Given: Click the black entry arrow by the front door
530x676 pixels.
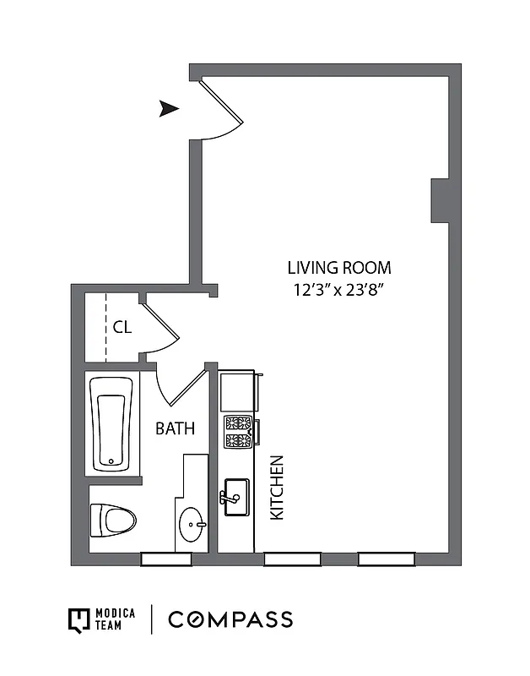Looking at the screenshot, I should pos(170,108).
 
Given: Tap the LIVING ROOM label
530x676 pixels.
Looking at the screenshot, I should pos(339,268).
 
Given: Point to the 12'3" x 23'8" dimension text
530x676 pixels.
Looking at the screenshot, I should pos(339,290).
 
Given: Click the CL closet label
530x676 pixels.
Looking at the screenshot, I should pos(122,327).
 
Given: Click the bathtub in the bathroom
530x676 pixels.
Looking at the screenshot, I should pos(111,422).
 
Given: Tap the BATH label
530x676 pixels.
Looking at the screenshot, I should pos(175,428).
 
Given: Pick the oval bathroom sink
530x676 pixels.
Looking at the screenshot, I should pos(193,525).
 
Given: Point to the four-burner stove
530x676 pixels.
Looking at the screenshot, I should pos(238,432).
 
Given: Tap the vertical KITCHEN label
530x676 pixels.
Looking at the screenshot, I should pos(276,488).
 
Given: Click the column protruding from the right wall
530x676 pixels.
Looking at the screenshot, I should pos(440,201).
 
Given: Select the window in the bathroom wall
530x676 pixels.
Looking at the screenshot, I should pos(165,559).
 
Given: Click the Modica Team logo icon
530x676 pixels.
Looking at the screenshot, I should pos(78,619).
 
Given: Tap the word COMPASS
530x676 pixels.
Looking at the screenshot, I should pos(230,619).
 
